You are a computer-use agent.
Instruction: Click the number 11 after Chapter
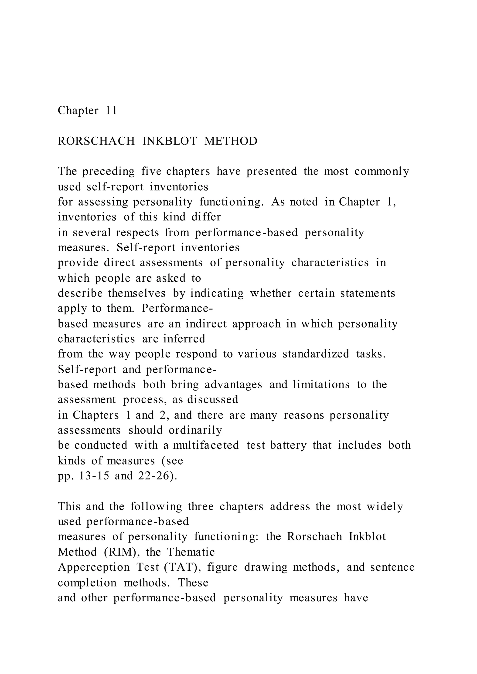(x=111, y=111)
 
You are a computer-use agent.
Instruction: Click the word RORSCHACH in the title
(x=96, y=141)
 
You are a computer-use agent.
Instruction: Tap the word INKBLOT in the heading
(x=170, y=141)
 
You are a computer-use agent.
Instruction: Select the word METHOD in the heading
(x=231, y=141)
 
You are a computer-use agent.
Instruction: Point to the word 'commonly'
(x=382, y=171)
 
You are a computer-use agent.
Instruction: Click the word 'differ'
(x=206, y=217)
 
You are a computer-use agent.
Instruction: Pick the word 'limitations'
(x=321, y=384)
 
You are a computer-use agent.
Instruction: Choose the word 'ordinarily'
(x=195, y=430)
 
